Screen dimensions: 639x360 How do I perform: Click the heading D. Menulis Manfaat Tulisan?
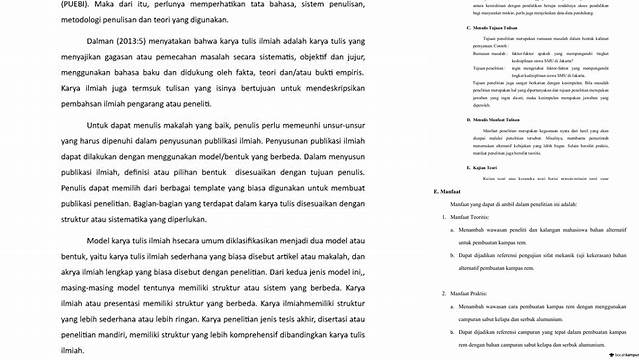point(498,119)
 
